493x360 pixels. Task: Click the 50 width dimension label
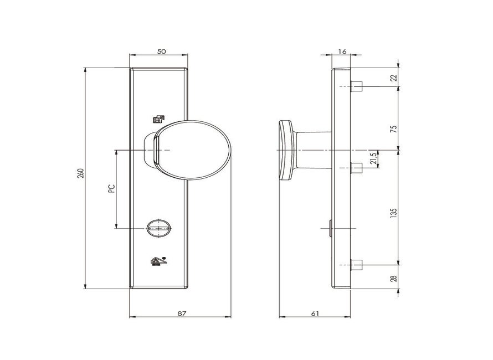pyautogui.click(x=161, y=52)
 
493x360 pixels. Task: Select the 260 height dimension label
pyautogui.click(x=81, y=174)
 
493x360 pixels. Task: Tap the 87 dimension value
pyautogui.click(x=182, y=313)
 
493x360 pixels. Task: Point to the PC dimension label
pyautogui.click(x=111, y=188)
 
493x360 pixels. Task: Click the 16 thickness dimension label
pyautogui.click(x=342, y=52)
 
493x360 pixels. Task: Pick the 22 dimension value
pyautogui.click(x=394, y=78)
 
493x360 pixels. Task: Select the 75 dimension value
pyautogui.click(x=394, y=129)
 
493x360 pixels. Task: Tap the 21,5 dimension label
pyautogui.click(x=373, y=159)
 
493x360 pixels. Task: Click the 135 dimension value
pyautogui.click(x=394, y=213)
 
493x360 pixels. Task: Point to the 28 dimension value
pyautogui.click(x=394, y=278)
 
